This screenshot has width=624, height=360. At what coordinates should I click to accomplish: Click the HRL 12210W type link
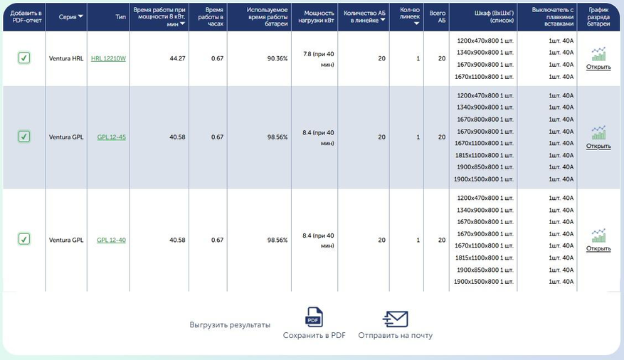click(x=108, y=58)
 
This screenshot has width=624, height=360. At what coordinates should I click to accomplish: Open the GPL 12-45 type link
click(x=111, y=137)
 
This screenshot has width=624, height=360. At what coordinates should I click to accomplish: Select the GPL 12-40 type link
click(x=111, y=240)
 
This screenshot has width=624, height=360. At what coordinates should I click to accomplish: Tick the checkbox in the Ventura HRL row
click(x=24, y=58)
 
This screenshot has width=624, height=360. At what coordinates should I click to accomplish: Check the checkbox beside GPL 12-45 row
click(x=24, y=137)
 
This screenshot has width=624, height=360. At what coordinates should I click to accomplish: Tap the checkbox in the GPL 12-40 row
click(x=24, y=240)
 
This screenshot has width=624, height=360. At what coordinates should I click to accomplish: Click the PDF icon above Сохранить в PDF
click(x=314, y=317)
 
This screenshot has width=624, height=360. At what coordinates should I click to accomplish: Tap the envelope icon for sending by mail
click(x=395, y=318)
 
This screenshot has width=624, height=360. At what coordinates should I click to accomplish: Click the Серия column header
click(x=70, y=16)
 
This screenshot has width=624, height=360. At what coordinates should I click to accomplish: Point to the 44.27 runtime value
click(x=177, y=58)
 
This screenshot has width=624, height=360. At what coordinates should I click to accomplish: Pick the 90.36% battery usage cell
click(x=277, y=58)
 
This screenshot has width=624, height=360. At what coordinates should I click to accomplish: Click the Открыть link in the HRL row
click(x=598, y=68)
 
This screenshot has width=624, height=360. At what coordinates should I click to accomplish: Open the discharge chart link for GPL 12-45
click(x=598, y=146)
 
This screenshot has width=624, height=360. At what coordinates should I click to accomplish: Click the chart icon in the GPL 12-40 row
click(x=598, y=235)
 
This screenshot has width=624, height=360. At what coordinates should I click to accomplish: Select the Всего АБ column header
click(x=436, y=16)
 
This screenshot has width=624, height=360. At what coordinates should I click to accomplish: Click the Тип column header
click(x=120, y=16)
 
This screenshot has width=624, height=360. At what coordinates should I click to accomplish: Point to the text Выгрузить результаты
click(x=230, y=324)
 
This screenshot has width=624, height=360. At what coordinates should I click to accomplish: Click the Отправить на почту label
click(x=395, y=335)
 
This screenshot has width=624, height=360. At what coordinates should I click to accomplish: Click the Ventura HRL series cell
click(x=66, y=58)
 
